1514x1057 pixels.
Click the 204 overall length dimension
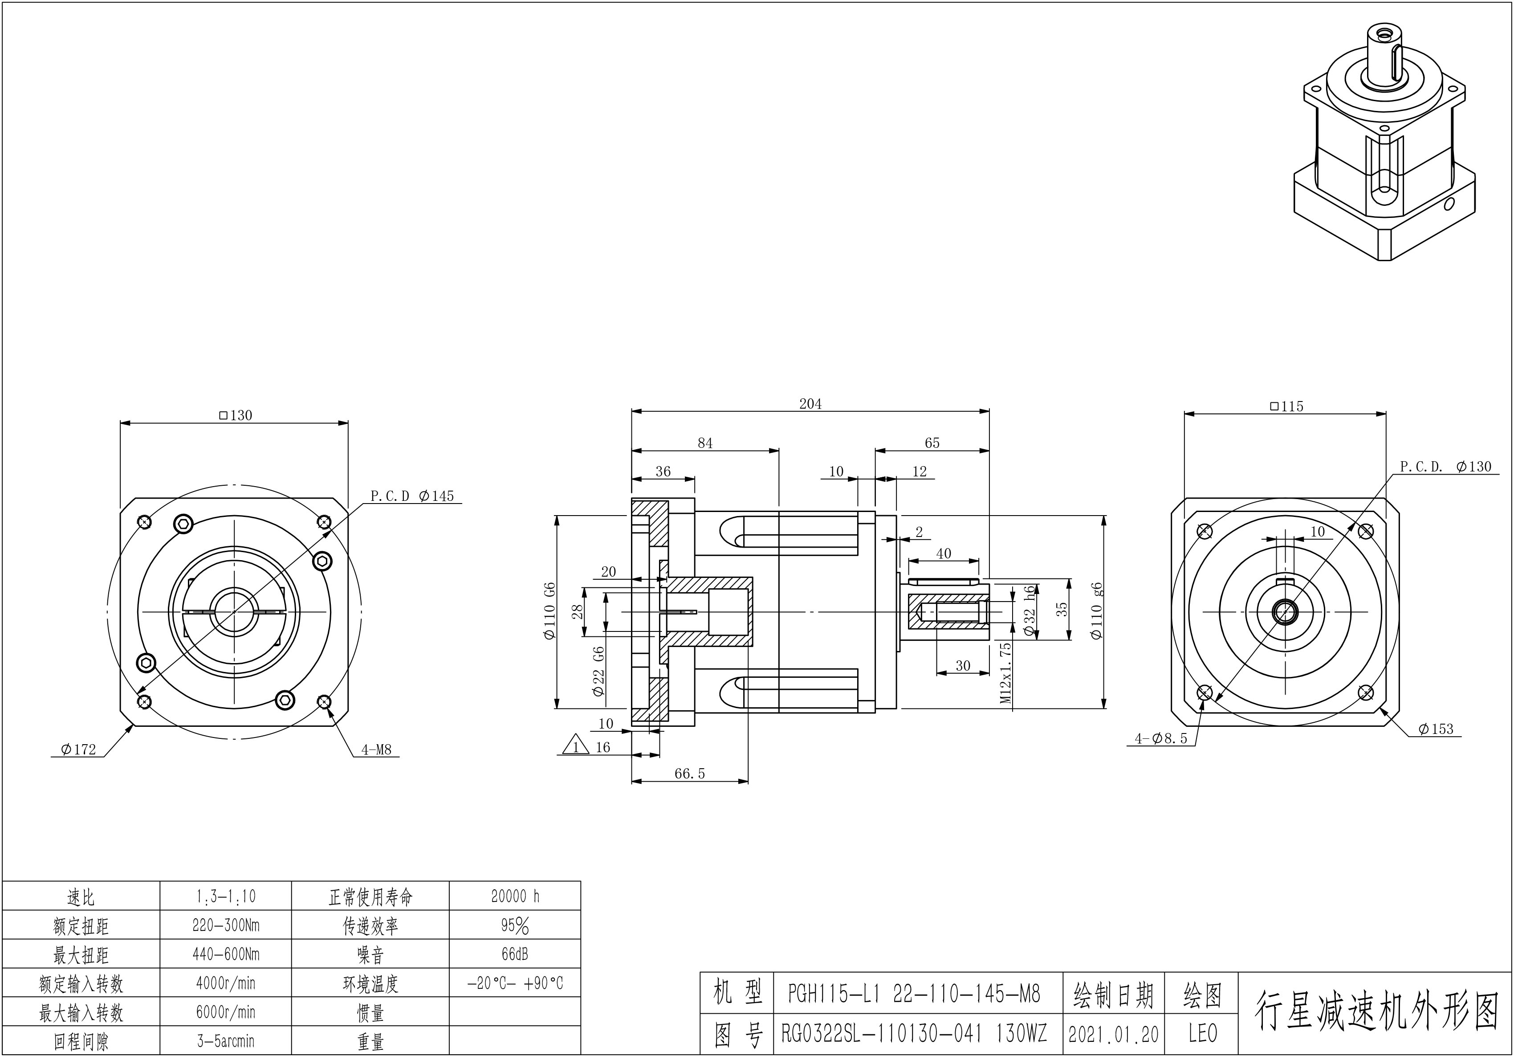point(810,404)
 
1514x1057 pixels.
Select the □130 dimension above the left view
point(236,415)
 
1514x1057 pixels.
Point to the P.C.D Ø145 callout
point(412,496)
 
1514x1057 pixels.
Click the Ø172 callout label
point(78,750)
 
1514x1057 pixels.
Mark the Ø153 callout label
point(1436,729)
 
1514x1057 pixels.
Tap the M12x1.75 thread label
point(1005,673)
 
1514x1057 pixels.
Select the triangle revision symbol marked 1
point(576,746)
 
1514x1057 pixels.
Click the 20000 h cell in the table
point(515,896)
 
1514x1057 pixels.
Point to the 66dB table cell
point(515,954)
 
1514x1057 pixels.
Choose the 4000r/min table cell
point(225,983)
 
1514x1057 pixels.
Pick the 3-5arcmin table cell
point(225,1041)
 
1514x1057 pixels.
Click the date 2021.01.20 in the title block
point(1113,1034)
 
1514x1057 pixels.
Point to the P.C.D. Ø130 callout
point(1445,467)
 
